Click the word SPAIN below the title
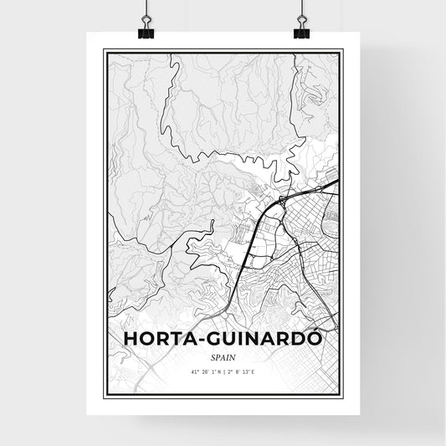tap(223, 356)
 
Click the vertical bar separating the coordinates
tap(223, 371)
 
